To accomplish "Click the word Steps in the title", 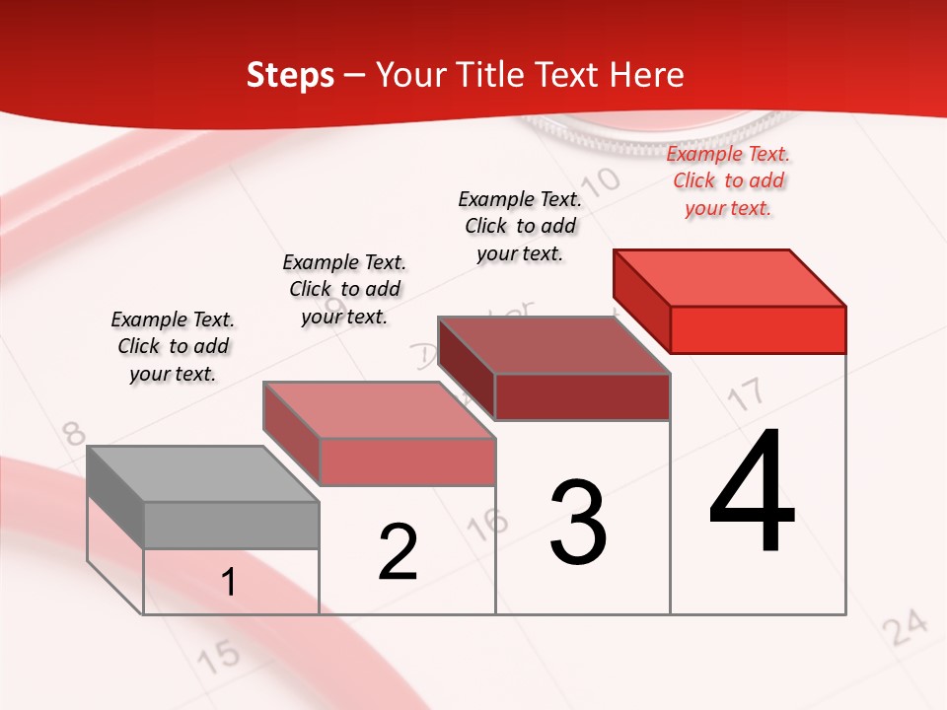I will pos(290,75).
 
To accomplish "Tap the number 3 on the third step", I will pos(578,522).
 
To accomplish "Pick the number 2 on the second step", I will pos(399,552).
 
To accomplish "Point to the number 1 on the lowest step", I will pos(229,582).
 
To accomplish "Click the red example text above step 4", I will pos(728,181).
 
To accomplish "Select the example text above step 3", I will pos(520,226).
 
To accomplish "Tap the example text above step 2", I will pos(344,289).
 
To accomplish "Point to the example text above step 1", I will pos(173,346).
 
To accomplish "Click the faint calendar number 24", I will pos(905,628).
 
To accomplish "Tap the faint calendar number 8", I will pos(73,433).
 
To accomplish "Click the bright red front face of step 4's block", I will pos(758,329).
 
